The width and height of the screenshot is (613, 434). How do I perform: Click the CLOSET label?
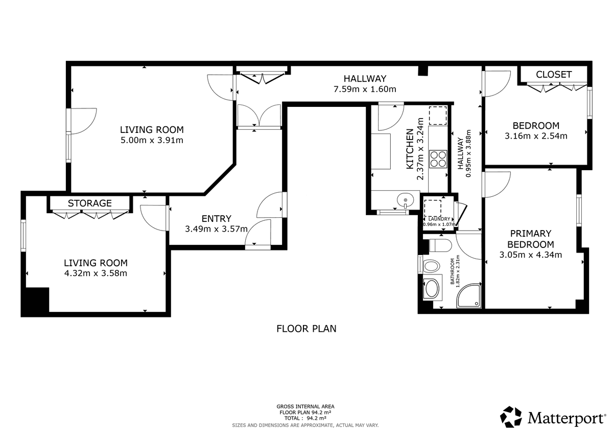(x=553, y=75)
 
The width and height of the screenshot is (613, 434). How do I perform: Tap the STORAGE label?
(x=90, y=203)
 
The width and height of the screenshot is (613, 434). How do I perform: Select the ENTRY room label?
(x=217, y=218)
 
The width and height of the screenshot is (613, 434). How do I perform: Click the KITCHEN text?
(x=410, y=149)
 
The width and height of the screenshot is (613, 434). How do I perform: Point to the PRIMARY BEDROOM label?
(x=530, y=239)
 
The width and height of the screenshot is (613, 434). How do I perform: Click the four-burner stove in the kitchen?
(x=438, y=159)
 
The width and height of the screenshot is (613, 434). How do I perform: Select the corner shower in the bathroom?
(x=468, y=295)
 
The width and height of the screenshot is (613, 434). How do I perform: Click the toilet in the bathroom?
(x=440, y=245)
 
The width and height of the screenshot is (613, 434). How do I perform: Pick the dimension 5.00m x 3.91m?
(x=152, y=140)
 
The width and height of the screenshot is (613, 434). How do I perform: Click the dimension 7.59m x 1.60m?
(x=365, y=89)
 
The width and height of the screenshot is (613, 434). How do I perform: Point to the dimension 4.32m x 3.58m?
(x=96, y=273)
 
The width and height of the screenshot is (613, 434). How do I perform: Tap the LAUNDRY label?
(x=439, y=219)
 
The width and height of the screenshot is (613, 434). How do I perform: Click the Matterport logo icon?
(x=511, y=417)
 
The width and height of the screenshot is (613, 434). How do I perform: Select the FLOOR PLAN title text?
(x=306, y=329)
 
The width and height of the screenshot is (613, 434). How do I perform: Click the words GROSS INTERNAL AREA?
(x=305, y=406)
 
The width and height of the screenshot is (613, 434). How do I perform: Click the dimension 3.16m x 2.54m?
(x=536, y=136)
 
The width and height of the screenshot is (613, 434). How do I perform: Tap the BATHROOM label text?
(x=453, y=271)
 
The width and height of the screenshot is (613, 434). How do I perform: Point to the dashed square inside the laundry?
(x=433, y=209)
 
